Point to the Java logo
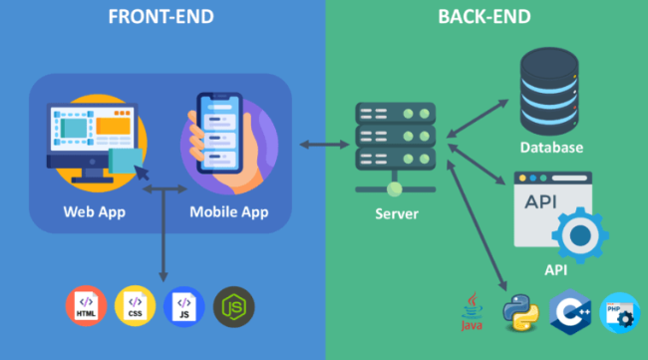472,310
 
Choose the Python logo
519,310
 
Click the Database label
551,148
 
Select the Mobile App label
228,211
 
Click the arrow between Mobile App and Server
326,146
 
